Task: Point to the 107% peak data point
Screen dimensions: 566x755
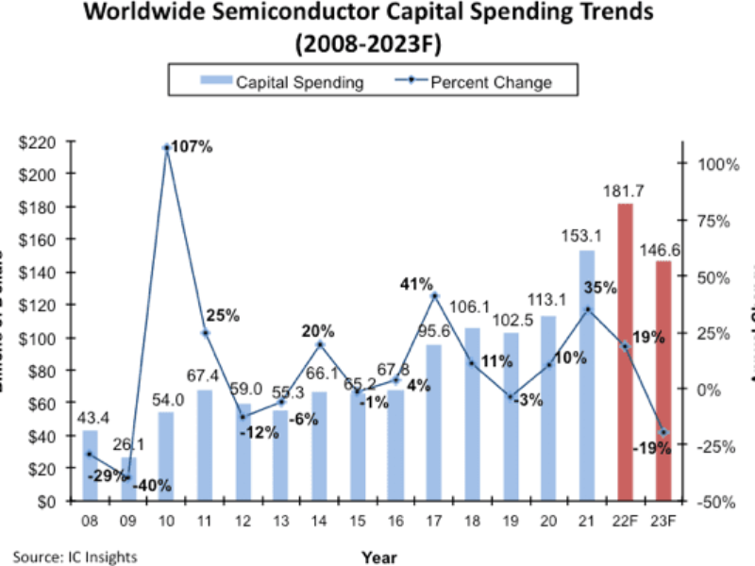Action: [167, 148]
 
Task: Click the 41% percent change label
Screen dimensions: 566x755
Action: [415, 283]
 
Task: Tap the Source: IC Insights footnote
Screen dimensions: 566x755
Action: [75, 556]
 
